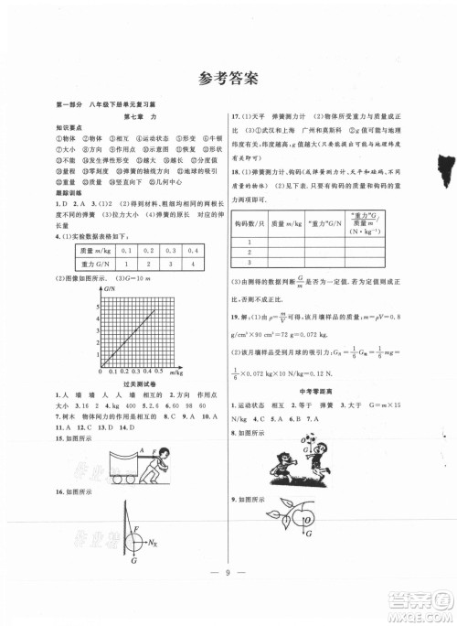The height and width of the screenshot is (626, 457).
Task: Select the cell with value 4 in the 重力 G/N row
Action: tap(193, 263)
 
